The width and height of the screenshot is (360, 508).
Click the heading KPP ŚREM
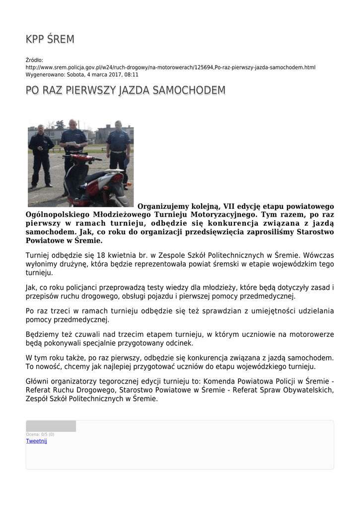coord(50,40)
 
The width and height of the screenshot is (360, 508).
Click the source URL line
coord(170,67)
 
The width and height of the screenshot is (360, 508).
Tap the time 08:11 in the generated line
coord(132,74)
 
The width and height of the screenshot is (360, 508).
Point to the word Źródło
coord(34,60)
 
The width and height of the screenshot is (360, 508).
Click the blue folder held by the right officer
coord(126,161)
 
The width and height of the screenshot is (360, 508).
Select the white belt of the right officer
coord(118,151)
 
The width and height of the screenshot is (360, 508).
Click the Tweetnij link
coord(36,441)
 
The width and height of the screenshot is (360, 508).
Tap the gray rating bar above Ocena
coord(51,426)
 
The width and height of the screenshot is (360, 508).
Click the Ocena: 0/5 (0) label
coord(40,435)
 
